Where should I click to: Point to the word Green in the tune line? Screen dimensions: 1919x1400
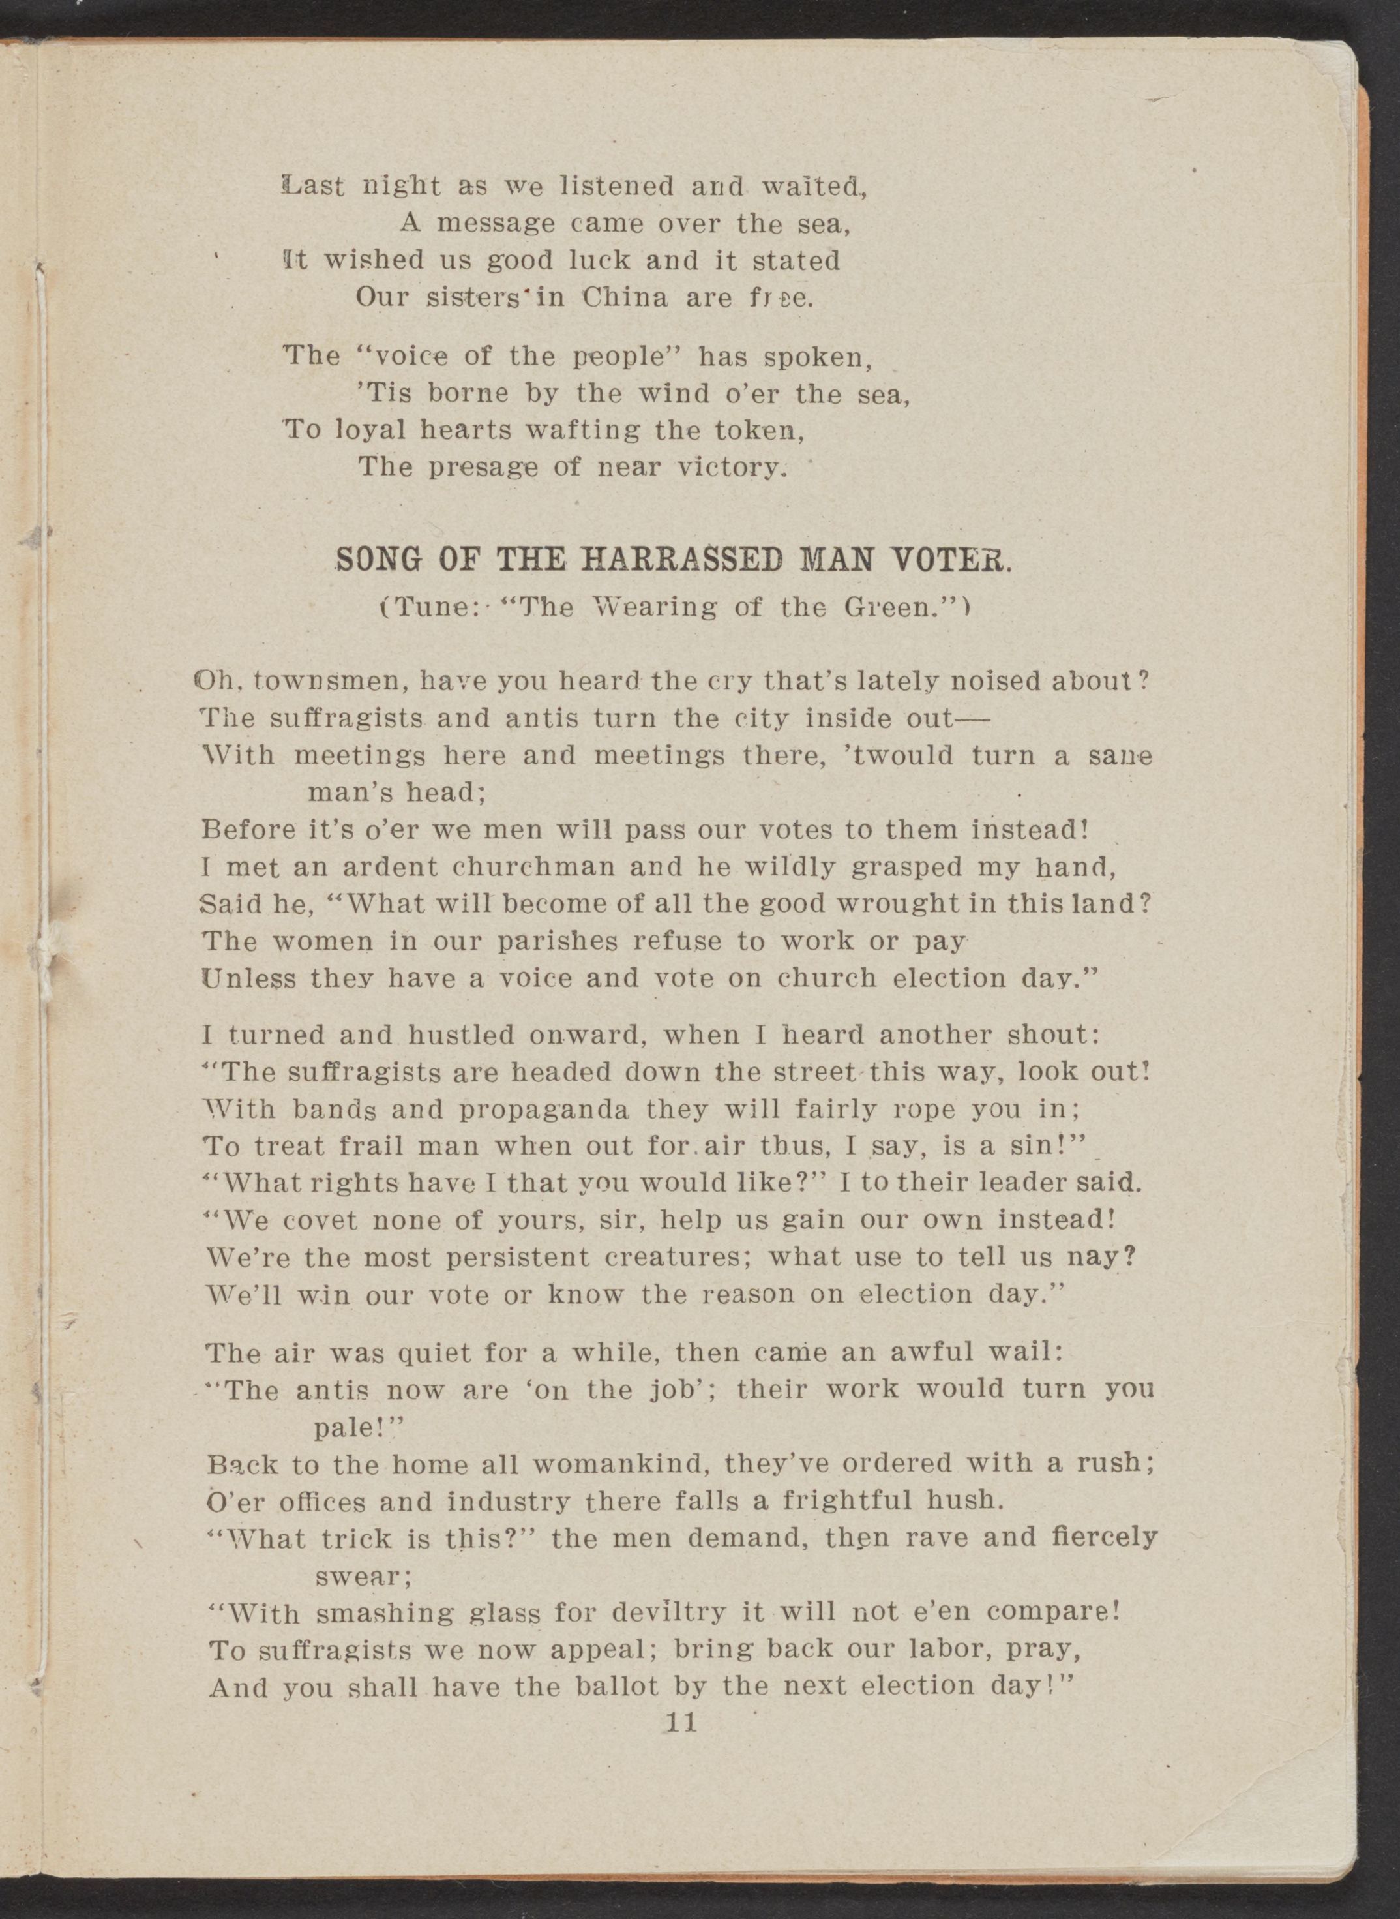tap(879, 608)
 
